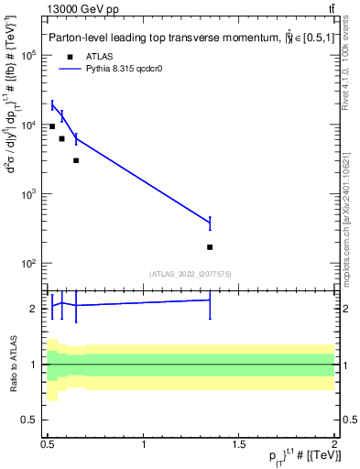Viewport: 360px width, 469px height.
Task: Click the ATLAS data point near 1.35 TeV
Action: coord(210,247)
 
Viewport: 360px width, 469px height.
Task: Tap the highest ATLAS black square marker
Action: coord(52,126)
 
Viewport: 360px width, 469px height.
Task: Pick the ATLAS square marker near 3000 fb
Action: coord(76,160)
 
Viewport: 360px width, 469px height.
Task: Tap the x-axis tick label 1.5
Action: coord(239,444)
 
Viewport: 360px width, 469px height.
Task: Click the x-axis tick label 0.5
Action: coord(48,444)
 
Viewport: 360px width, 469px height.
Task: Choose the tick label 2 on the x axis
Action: coord(333,444)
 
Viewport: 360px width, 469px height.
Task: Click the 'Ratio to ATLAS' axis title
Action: coord(14,365)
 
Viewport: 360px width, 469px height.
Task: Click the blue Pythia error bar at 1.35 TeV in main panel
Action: coord(210,223)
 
